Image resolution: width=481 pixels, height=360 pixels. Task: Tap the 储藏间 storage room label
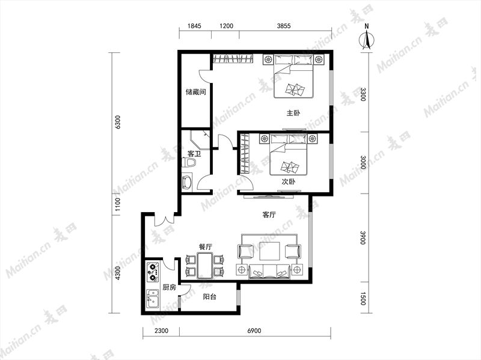(195, 92)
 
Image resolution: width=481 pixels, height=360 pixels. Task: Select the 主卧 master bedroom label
(293, 113)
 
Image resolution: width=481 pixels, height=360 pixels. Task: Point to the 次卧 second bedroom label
(289, 182)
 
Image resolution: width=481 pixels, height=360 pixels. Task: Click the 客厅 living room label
(269, 215)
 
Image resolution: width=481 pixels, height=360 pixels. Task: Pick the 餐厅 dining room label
(205, 246)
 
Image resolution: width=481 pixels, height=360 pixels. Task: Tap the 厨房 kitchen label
(169, 287)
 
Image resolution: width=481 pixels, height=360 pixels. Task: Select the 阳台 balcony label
(210, 296)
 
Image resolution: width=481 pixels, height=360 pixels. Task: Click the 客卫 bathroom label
(194, 153)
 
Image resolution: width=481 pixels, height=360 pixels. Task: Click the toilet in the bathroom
(188, 162)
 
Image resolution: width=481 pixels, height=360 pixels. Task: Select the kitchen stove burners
(153, 272)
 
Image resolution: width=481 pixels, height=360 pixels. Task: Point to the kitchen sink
(153, 299)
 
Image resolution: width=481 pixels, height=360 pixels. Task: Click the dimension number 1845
(194, 26)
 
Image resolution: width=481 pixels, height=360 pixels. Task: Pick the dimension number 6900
(254, 331)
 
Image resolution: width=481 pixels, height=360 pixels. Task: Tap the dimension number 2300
(161, 331)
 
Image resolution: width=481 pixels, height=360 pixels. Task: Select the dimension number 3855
(284, 26)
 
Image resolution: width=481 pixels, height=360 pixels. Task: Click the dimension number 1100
(117, 205)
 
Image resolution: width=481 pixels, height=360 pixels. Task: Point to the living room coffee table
(269, 251)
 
